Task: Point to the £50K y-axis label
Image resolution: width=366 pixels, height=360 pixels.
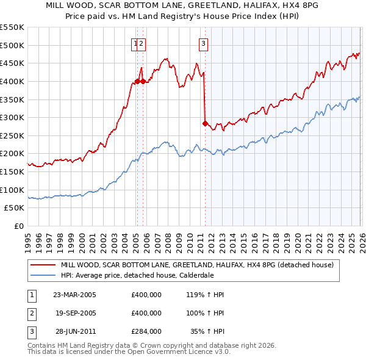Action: point(13,208)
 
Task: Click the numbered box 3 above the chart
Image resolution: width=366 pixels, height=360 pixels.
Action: point(203,43)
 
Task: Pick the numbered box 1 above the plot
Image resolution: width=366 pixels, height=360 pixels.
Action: point(135,43)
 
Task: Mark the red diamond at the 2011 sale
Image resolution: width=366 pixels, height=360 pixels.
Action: point(205,123)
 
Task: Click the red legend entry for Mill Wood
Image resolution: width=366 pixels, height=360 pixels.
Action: point(197,265)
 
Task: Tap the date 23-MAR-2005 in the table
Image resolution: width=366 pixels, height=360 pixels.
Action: point(74,295)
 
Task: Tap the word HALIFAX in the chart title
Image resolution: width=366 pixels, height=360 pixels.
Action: point(240,4)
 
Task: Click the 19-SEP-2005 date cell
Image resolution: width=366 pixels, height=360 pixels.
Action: point(74,313)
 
